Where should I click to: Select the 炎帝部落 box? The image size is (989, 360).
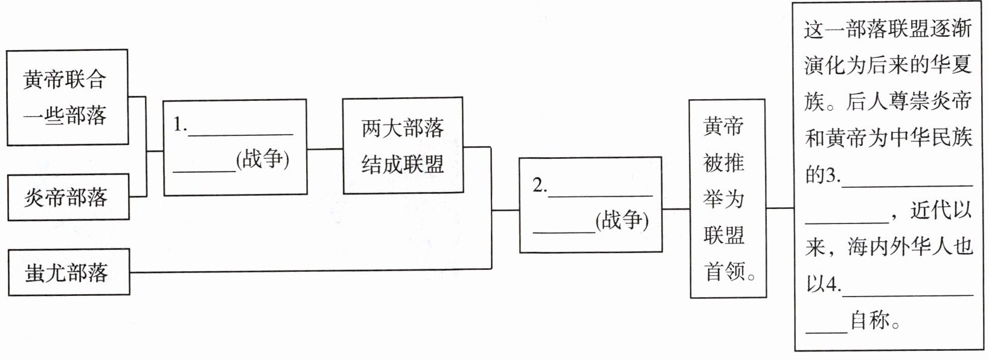(x=68, y=197)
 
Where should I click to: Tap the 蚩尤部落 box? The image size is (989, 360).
(x=68, y=272)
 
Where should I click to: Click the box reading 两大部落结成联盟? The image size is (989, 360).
(x=402, y=146)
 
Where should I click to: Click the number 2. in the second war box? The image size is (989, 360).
(x=539, y=185)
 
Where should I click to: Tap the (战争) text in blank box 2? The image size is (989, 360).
(x=621, y=220)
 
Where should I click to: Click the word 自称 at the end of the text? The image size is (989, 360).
(x=869, y=321)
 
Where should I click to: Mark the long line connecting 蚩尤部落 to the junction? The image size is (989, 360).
(x=302, y=272)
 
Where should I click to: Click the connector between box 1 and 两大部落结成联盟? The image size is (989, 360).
(x=325, y=149)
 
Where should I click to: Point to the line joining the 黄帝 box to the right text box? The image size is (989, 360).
(x=779, y=208)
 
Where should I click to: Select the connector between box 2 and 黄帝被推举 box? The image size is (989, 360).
(x=676, y=209)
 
